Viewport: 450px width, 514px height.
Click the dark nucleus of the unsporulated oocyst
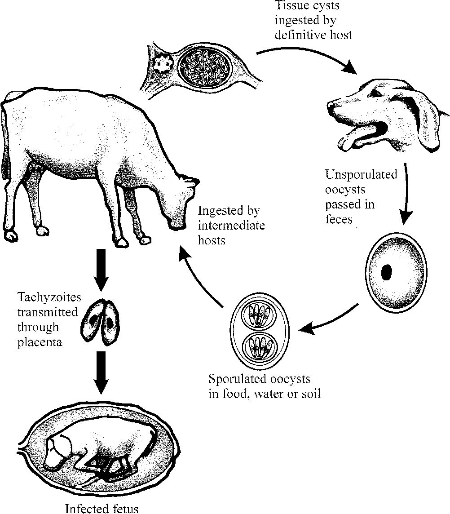(x=387, y=272)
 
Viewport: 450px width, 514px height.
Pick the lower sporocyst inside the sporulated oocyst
(x=258, y=347)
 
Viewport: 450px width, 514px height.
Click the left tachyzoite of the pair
(x=93, y=320)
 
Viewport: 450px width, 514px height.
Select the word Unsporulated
(x=362, y=174)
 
